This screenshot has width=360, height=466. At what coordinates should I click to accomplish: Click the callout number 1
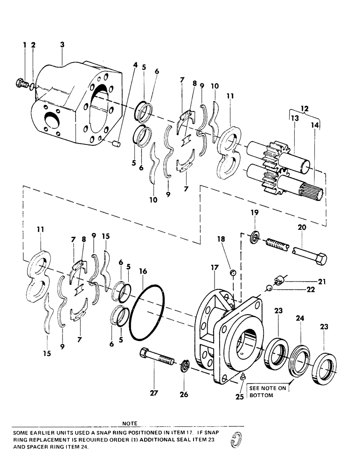(25, 45)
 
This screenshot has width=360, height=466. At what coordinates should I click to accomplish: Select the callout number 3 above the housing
(62, 45)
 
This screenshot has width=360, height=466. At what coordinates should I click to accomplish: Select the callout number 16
(143, 270)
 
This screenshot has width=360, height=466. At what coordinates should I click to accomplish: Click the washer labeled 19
(256, 235)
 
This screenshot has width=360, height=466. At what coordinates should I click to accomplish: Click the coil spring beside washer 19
(278, 244)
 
